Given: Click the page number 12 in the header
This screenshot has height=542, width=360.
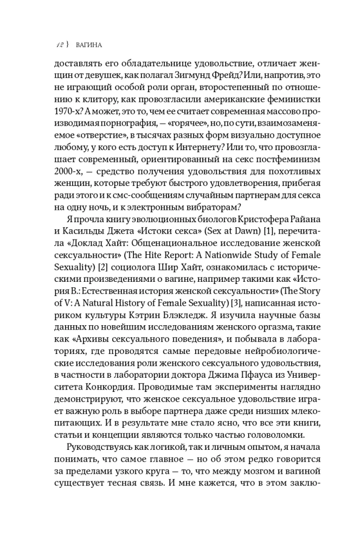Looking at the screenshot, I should click(61, 44).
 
